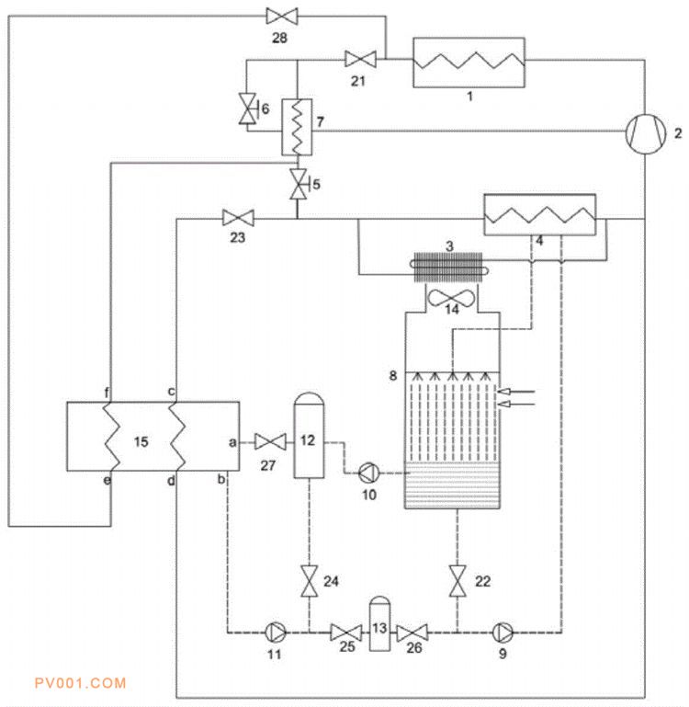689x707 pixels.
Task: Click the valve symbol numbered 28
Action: (282, 17)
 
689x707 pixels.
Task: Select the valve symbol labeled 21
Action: (360, 59)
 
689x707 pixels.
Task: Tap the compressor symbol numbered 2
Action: (645, 133)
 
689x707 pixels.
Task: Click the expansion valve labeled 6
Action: (248, 108)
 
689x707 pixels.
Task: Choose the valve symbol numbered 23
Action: (238, 219)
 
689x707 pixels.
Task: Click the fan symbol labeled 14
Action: (451, 298)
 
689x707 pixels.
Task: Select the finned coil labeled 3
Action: (449, 267)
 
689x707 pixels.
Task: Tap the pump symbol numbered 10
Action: (368, 473)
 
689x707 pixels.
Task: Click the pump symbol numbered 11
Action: (276, 633)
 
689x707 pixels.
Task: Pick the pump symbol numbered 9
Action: (503, 633)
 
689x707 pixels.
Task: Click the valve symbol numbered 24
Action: (309, 581)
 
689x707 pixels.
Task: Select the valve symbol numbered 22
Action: (457, 581)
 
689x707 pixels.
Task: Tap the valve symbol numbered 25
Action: (345, 633)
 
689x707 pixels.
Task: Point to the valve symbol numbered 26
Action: (412, 633)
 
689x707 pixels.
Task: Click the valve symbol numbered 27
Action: (270, 441)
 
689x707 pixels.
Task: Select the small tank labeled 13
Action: (379, 624)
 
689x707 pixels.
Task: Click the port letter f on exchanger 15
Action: (107, 393)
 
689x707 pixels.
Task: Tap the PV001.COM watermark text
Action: (80, 683)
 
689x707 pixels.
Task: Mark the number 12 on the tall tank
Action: (308, 440)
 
